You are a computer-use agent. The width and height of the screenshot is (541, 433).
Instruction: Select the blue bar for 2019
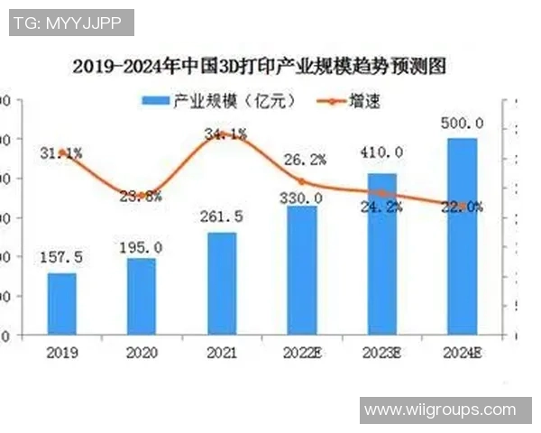click(x=62, y=303)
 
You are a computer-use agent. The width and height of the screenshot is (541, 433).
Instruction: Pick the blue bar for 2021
click(x=222, y=283)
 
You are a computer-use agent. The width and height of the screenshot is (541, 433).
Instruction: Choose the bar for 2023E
click(x=382, y=253)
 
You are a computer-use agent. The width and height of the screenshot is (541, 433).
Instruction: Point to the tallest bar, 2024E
click(x=462, y=236)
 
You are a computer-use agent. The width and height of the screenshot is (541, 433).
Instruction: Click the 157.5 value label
click(x=62, y=258)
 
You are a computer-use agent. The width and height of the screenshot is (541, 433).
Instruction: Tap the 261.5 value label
click(x=222, y=217)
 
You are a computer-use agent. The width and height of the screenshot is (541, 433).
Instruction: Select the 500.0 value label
click(x=462, y=123)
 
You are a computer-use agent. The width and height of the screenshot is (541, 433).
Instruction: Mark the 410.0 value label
click(x=382, y=152)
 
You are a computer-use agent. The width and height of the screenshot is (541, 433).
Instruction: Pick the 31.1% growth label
click(x=61, y=153)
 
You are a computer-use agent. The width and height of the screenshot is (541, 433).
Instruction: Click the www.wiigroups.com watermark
click(x=439, y=410)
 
